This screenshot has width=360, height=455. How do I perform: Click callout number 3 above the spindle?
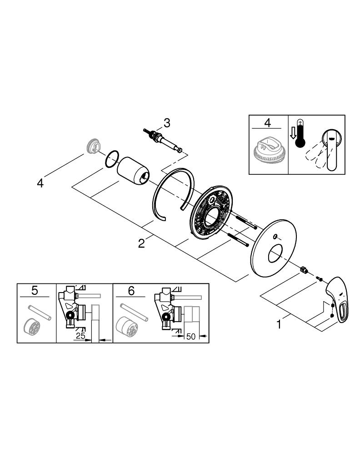(167, 122)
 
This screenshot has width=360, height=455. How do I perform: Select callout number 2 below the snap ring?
(142, 243)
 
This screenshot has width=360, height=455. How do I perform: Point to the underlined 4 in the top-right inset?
(268, 123)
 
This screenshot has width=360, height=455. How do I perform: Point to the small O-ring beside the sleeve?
(112, 158)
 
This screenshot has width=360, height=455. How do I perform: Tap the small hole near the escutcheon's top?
(275, 236)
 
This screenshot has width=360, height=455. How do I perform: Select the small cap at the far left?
(92, 147)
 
